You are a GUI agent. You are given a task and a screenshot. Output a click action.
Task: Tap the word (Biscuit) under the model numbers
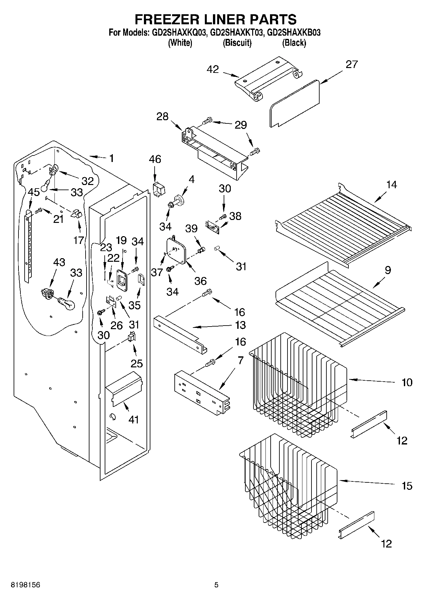(x=237, y=43)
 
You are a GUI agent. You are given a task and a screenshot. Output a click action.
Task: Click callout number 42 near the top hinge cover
(x=213, y=69)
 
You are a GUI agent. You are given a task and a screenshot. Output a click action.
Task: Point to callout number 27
(x=351, y=64)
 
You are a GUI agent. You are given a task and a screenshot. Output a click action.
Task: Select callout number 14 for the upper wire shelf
(x=391, y=185)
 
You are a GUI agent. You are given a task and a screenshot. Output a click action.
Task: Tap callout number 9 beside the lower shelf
(x=388, y=270)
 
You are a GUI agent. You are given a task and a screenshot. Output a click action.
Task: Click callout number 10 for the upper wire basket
(x=407, y=382)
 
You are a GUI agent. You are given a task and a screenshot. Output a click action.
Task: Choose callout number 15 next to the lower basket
(x=407, y=486)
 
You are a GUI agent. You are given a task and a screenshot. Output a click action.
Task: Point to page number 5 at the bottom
(x=216, y=585)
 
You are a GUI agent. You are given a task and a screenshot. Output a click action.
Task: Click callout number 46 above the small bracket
(x=155, y=159)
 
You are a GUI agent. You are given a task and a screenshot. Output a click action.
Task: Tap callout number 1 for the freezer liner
(x=111, y=158)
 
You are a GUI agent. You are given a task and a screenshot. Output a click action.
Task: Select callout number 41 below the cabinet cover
(x=134, y=420)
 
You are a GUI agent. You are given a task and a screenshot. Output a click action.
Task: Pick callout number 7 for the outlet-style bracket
(x=240, y=361)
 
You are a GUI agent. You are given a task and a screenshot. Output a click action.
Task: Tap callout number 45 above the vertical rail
(x=34, y=192)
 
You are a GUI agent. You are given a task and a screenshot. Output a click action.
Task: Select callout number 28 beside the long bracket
(x=162, y=117)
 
